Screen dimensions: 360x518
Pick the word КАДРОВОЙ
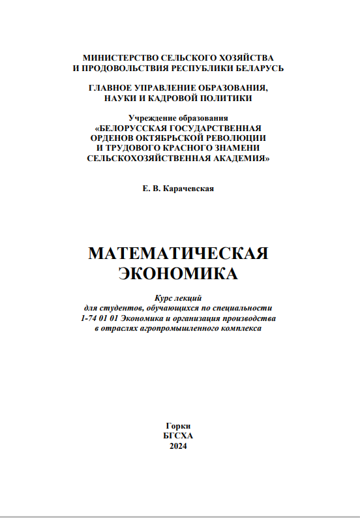(x=170, y=98)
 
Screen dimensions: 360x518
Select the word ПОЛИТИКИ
(x=223, y=98)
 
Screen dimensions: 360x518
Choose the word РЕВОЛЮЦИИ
(x=236, y=138)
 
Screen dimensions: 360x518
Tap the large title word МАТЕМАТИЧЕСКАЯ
(x=178, y=253)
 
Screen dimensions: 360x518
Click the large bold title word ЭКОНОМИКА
(x=178, y=273)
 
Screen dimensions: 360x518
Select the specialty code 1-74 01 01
(x=96, y=318)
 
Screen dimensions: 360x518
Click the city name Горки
(x=178, y=424)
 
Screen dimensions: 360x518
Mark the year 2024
(x=178, y=446)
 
